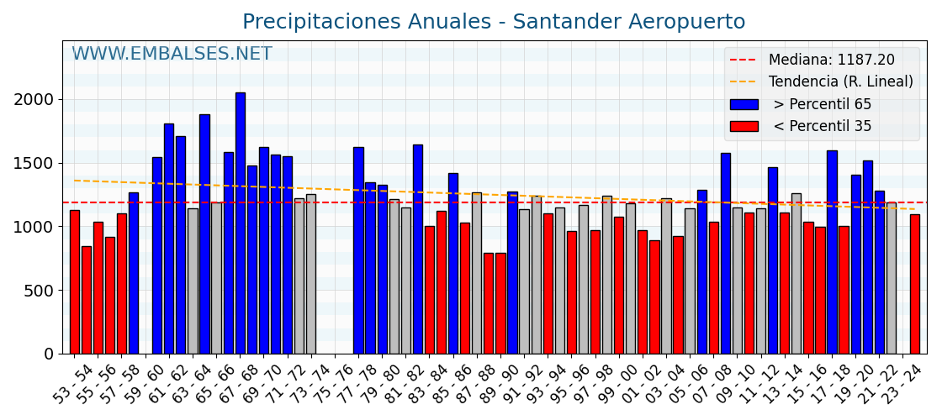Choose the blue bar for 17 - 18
(832, 252)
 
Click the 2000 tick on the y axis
(33, 99)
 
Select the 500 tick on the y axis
(38, 291)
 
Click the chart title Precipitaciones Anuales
(494, 22)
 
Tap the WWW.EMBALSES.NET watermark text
(172, 55)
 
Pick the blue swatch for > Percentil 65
(744, 104)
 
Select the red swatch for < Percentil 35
(744, 126)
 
